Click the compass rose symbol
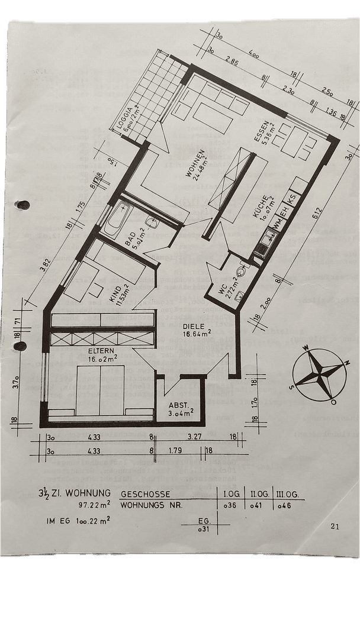(319, 375)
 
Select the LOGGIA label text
(126, 122)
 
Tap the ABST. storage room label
(179, 409)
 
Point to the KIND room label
(117, 296)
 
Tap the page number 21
(336, 525)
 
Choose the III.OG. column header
(287, 493)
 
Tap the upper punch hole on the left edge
(23, 205)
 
